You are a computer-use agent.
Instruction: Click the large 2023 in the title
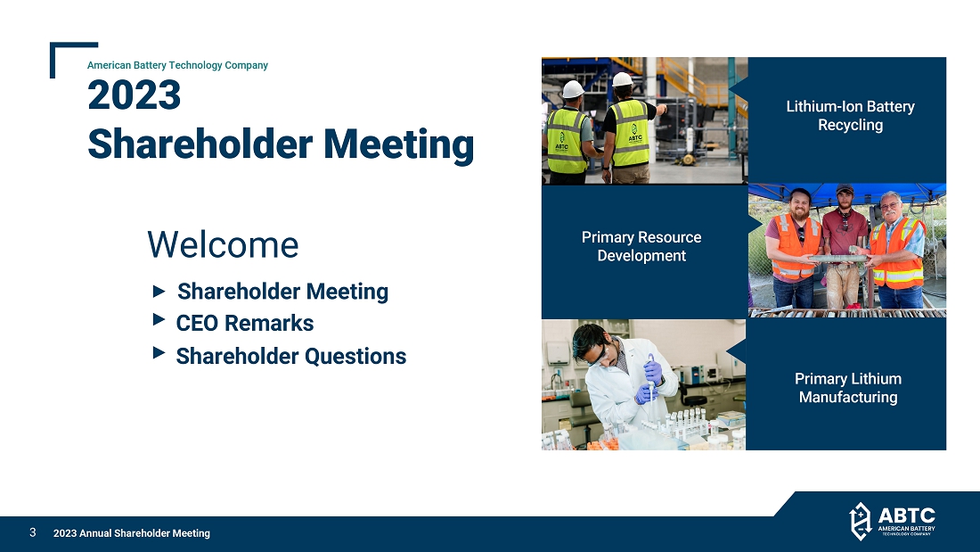pyautogui.click(x=134, y=95)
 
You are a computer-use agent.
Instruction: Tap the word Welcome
pyautogui.click(x=223, y=244)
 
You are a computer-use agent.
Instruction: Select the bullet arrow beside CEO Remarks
pyautogui.click(x=159, y=320)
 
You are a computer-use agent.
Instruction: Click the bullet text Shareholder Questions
pyautogui.click(x=291, y=356)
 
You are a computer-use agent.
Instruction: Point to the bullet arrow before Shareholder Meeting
pyautogui.click(x=159, y=291)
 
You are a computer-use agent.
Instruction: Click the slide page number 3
pyautogui.click(x=32, y=532)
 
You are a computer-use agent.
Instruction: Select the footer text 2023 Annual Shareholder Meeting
pyautogui.click(x=131, y=533)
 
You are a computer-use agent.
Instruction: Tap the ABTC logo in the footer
pyautogui.click(x=892, y=521)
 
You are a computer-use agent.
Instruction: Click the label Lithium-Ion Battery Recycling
pyautogui.click(x=850, y=116)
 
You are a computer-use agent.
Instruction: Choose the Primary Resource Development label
pyautogui.click(x=641, y=247)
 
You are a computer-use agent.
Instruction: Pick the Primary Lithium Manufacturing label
pyautogui.click(x=848, y=388)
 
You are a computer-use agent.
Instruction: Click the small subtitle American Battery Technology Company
pyautogui.click(x=177, y=65)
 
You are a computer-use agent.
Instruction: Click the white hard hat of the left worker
pyautogui.click(x=573, y=89)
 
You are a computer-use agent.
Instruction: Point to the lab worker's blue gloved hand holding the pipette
pyautogui.click(x=653, y=373)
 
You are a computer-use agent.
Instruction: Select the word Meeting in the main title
pyautogui.click(x=399, y=144)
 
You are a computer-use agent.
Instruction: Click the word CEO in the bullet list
pyautogui.click(x=198, y=324)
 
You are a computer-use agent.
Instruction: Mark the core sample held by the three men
pyautogui.click(x=838, y=258)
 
